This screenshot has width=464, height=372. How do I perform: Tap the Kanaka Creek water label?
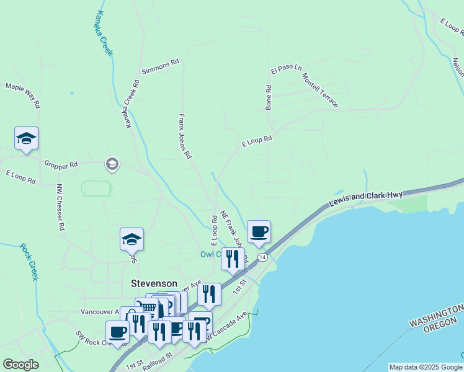coord(104,33)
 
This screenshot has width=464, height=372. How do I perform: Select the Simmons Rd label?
coord(160,66)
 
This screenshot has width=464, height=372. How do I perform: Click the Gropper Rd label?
coord(61,165)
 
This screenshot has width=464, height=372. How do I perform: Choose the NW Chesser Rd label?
coord(60,207)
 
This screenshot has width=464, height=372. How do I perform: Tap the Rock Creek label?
coord(29,262)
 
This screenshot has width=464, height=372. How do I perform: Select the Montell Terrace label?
coord(319,89)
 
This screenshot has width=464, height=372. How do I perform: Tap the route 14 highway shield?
coord(263,257)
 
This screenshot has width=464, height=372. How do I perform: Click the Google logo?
coord(20,365)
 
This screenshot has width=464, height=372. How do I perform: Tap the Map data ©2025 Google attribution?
coord(426,367)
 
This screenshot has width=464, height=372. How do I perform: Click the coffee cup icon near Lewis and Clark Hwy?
coord(259,232)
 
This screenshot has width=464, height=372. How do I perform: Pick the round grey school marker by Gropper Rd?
coord(112,164)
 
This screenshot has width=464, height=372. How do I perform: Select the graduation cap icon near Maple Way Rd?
coord(26,138)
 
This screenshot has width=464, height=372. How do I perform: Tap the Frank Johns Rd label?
coord(184,136)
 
